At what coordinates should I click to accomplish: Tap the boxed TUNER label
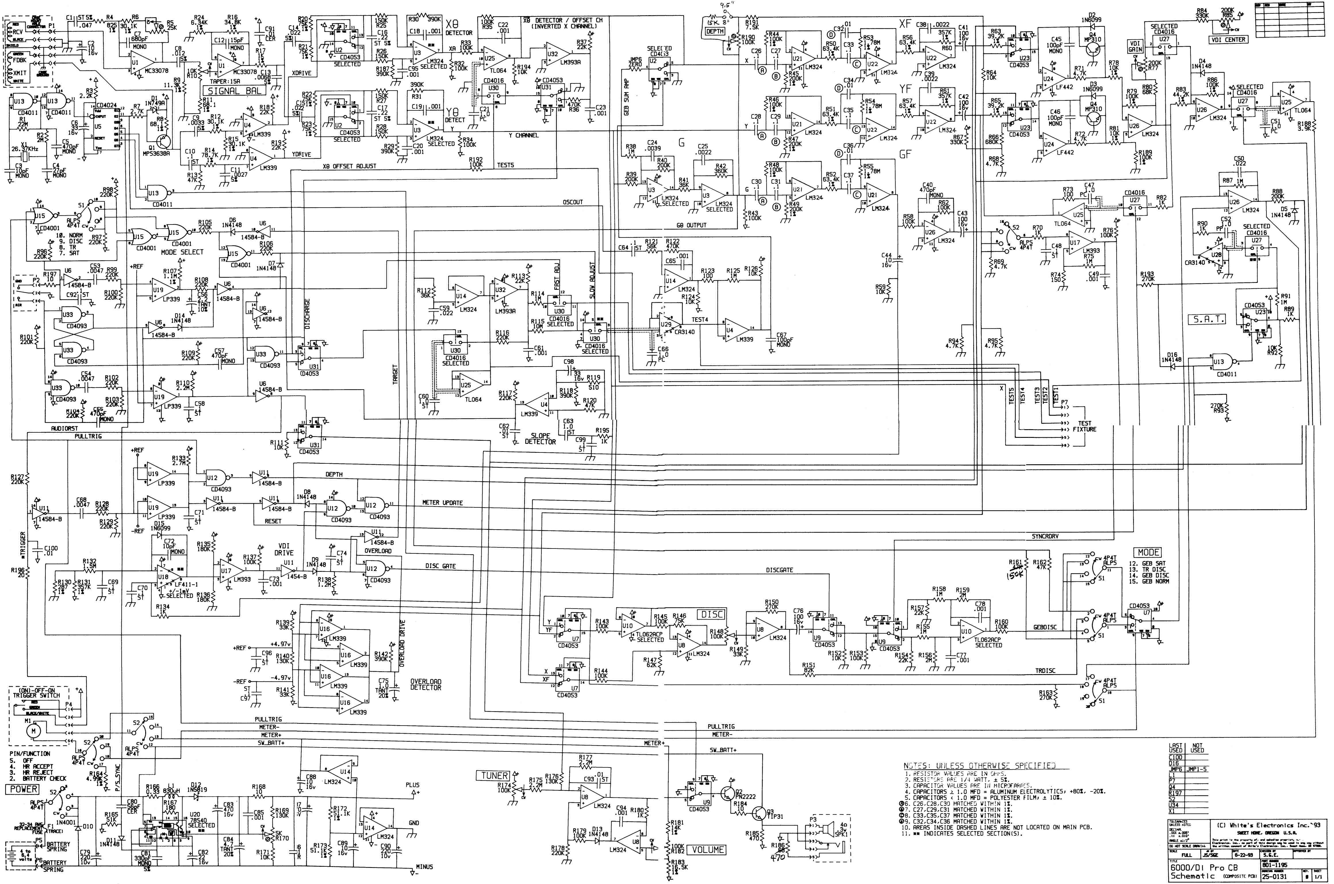494,776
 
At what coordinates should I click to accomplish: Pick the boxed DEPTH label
715,32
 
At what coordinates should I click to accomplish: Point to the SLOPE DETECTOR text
540,439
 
